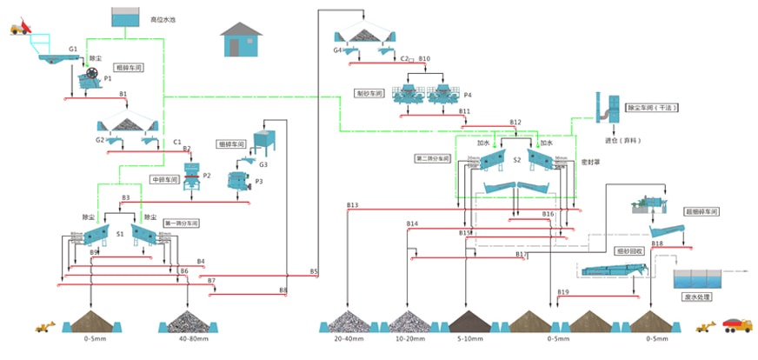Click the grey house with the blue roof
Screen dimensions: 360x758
click(241, 41)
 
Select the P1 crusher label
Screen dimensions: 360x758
click(108, 78)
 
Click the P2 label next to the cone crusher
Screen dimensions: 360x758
click(207, 176)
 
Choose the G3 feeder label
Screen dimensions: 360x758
click(263, 164)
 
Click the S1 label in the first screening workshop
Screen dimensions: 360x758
click(120, 234)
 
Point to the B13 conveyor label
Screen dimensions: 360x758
click(352, 205)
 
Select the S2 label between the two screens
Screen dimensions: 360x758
click(516, 160)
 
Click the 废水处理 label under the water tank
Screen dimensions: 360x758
click(697, 298)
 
